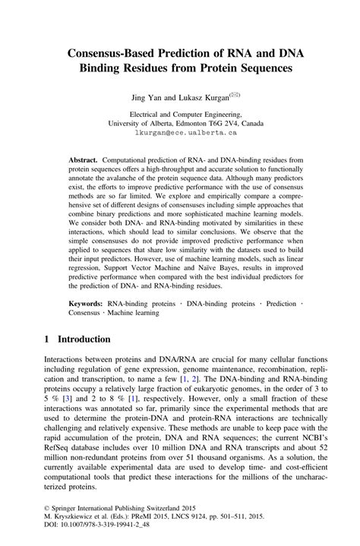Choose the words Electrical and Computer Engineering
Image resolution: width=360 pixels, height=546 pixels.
coord(180,111)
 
